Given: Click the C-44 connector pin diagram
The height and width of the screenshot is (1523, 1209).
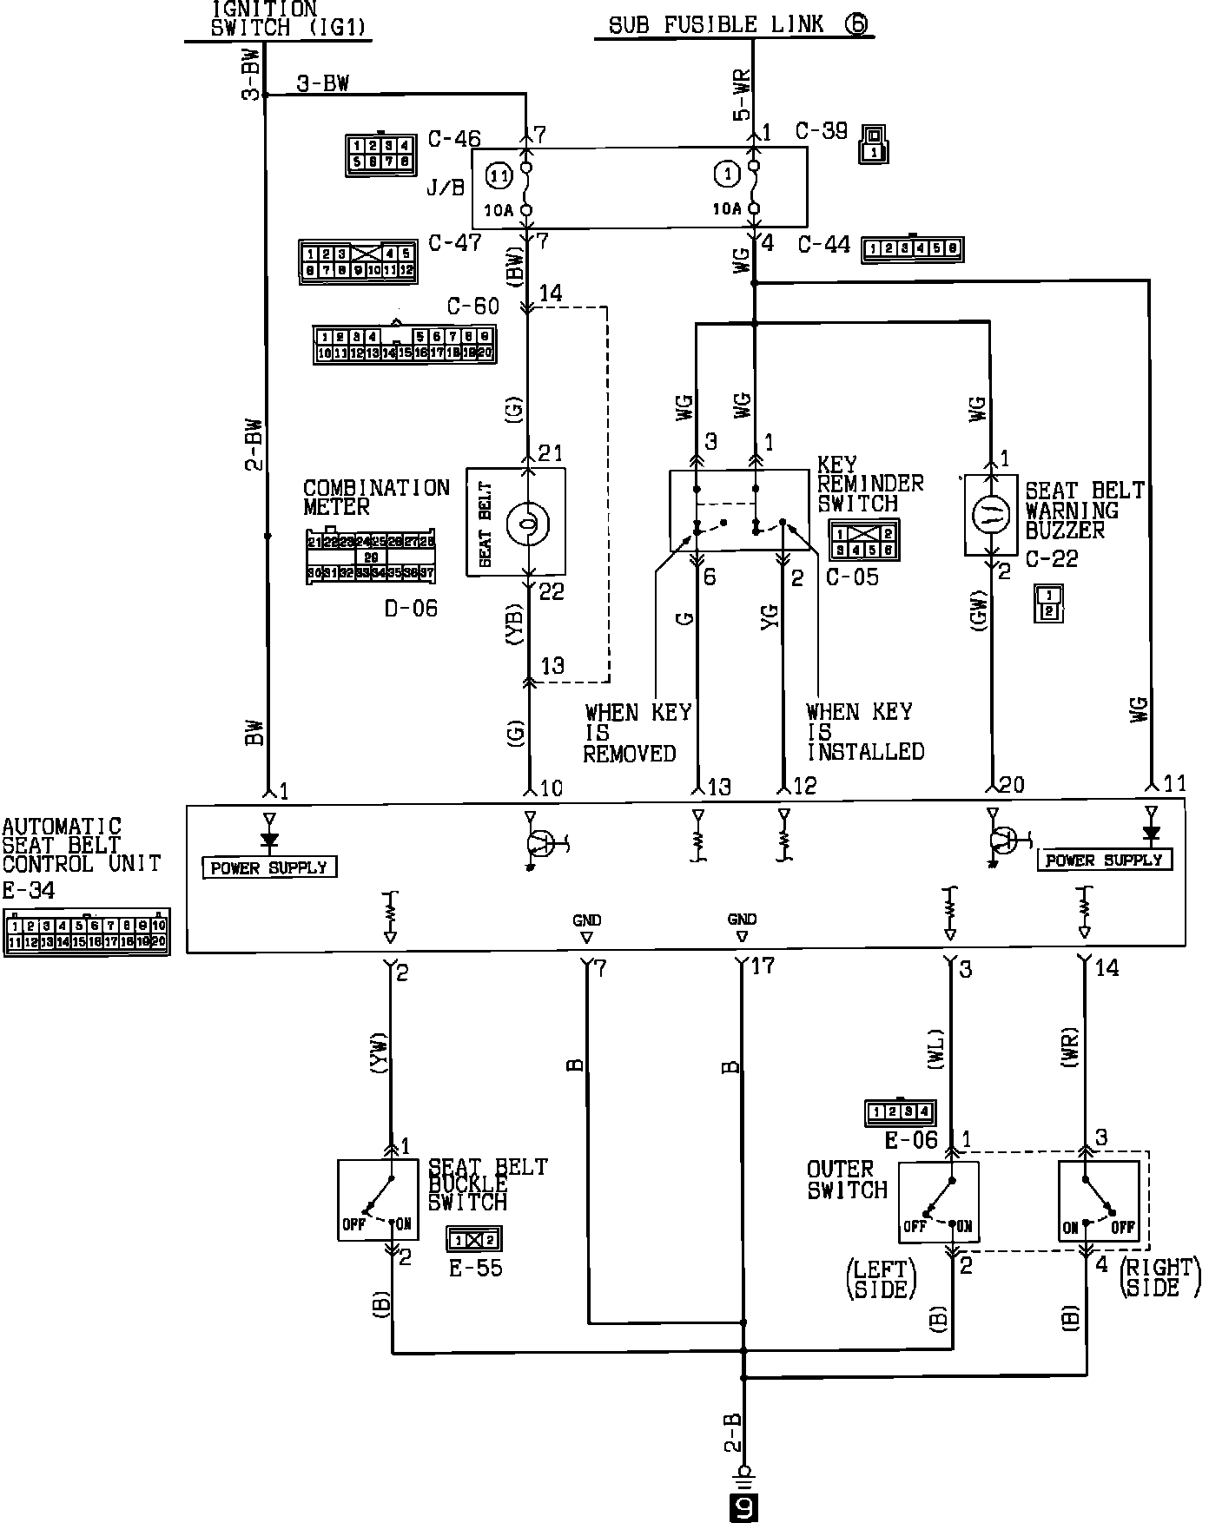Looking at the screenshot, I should [x=912, y=249].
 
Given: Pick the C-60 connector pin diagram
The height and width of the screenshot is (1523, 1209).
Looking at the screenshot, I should [x=404, y=345].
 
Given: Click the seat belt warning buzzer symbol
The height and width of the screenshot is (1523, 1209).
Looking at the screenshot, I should [x=991, y=515].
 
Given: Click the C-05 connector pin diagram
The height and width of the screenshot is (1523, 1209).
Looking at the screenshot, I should [x=863, y=540].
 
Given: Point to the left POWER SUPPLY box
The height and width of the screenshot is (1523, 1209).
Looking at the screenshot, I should [x=269, y=867].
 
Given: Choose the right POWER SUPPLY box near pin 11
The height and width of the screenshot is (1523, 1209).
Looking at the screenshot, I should [x=1105, y=860].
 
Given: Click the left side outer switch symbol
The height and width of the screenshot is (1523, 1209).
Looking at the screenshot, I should [x=938, y=1203].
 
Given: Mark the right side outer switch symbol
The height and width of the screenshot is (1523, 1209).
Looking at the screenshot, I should [x=1098, y=1203].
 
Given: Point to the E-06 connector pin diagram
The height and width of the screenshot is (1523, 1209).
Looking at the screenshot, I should [x=900, y=1111].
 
